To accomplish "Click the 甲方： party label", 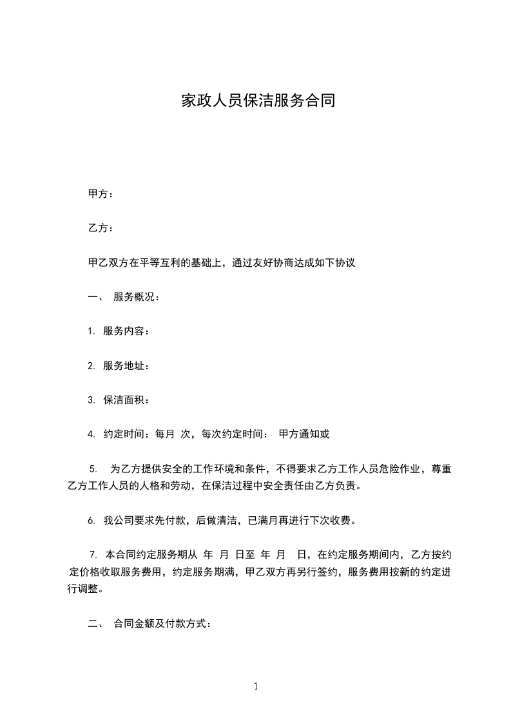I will pyautogui.click(x=101, y=194).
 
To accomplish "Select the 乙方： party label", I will pyautogui.click(x=101, y=228).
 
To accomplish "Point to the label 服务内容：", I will pyautogui.click(x=126, y=331).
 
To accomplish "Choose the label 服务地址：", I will pyautogui.click(x=126, y=365).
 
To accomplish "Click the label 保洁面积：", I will pyautogui.click(x=126, y=400).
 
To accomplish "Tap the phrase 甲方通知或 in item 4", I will pyautogui.click(x=304, y=434).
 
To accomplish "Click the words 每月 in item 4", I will pyautogui.click(x=165, y=434).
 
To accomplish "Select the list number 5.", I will pyautogui.click(x=93, y=468).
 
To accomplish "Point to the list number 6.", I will pyautogui.click(x=91, y=520).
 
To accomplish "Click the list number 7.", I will pyautogui.click(x=93, y=554).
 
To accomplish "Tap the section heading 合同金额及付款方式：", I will pyautogui.click(x=162, y=623).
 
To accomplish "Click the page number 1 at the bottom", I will pyautogui.click(x=256, y=686).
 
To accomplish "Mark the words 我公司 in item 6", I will pyautogui.click(x=119, y=520).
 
